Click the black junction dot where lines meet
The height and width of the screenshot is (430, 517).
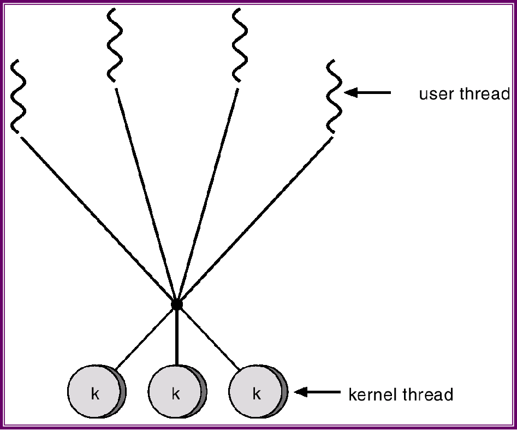tap(176, 304)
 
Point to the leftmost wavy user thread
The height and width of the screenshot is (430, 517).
tap(18, 96)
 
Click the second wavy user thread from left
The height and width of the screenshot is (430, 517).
tap(114, 45)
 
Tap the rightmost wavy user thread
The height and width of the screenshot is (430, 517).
tap(334, 96)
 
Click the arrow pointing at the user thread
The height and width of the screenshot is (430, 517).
tap(369, 93)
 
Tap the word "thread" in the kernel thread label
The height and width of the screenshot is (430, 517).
tap(428, 394)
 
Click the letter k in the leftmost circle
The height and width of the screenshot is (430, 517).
tap(95, 394)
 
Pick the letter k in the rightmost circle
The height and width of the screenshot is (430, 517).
tap(256, 394)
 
